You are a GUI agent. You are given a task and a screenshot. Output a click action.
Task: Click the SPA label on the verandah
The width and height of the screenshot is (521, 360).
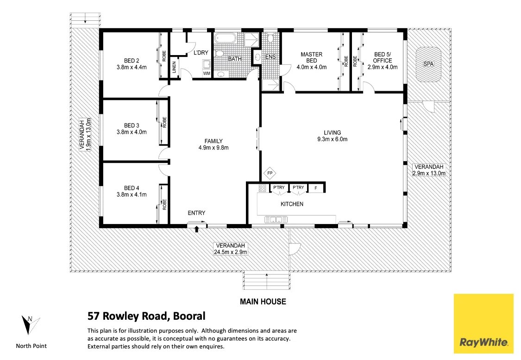tap(428, 64)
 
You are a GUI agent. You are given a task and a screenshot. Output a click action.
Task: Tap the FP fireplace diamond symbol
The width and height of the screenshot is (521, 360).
tap(270, 174)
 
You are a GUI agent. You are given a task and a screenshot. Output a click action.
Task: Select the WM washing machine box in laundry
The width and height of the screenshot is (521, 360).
tap(206, 74)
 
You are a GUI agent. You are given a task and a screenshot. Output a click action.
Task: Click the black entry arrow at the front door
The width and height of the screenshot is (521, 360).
tap(197, 229)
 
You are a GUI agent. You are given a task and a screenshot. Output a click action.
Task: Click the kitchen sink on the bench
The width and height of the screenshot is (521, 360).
tap(273, 219)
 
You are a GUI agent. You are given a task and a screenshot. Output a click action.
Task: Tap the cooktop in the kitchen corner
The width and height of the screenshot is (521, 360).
tap(263, 188)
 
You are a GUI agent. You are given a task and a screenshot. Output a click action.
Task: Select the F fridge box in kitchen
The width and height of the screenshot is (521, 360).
tap(315, 188)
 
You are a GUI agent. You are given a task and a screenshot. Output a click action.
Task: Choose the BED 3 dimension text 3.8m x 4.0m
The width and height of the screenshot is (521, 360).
tap(132, 132)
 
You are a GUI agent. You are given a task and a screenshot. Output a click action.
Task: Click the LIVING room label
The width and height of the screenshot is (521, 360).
tap(332, 132)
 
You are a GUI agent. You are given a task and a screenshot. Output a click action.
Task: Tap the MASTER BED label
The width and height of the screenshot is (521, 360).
tap(311, 57)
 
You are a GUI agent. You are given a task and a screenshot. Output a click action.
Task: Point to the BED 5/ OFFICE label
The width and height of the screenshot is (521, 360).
tap(383, 57)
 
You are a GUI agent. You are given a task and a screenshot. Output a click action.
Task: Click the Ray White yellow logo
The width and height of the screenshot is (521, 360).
tap(483, 323)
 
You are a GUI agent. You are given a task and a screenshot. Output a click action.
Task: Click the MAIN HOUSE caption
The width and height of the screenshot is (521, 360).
tap(263, 302)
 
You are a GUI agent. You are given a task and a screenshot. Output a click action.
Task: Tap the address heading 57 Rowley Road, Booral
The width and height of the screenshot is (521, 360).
tap(146, 317)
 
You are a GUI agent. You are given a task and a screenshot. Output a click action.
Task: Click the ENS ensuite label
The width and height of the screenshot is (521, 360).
tap(270, 57)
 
